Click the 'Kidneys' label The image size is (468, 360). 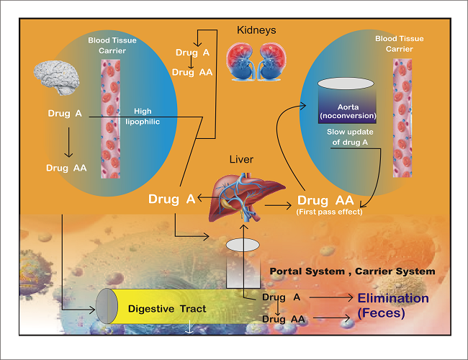click(x=256, y=30)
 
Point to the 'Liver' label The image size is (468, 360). click(x=240, y=158)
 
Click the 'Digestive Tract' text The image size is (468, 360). click(x=167, y=309)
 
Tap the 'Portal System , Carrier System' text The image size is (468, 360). click(x=352, y=271)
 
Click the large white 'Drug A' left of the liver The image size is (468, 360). click(x=172, y=199)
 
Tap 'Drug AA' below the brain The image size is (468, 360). click(x=67, y=168)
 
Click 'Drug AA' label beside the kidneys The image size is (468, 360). click(x=193, y=73)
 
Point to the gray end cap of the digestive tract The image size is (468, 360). click(x=107, y=307)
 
